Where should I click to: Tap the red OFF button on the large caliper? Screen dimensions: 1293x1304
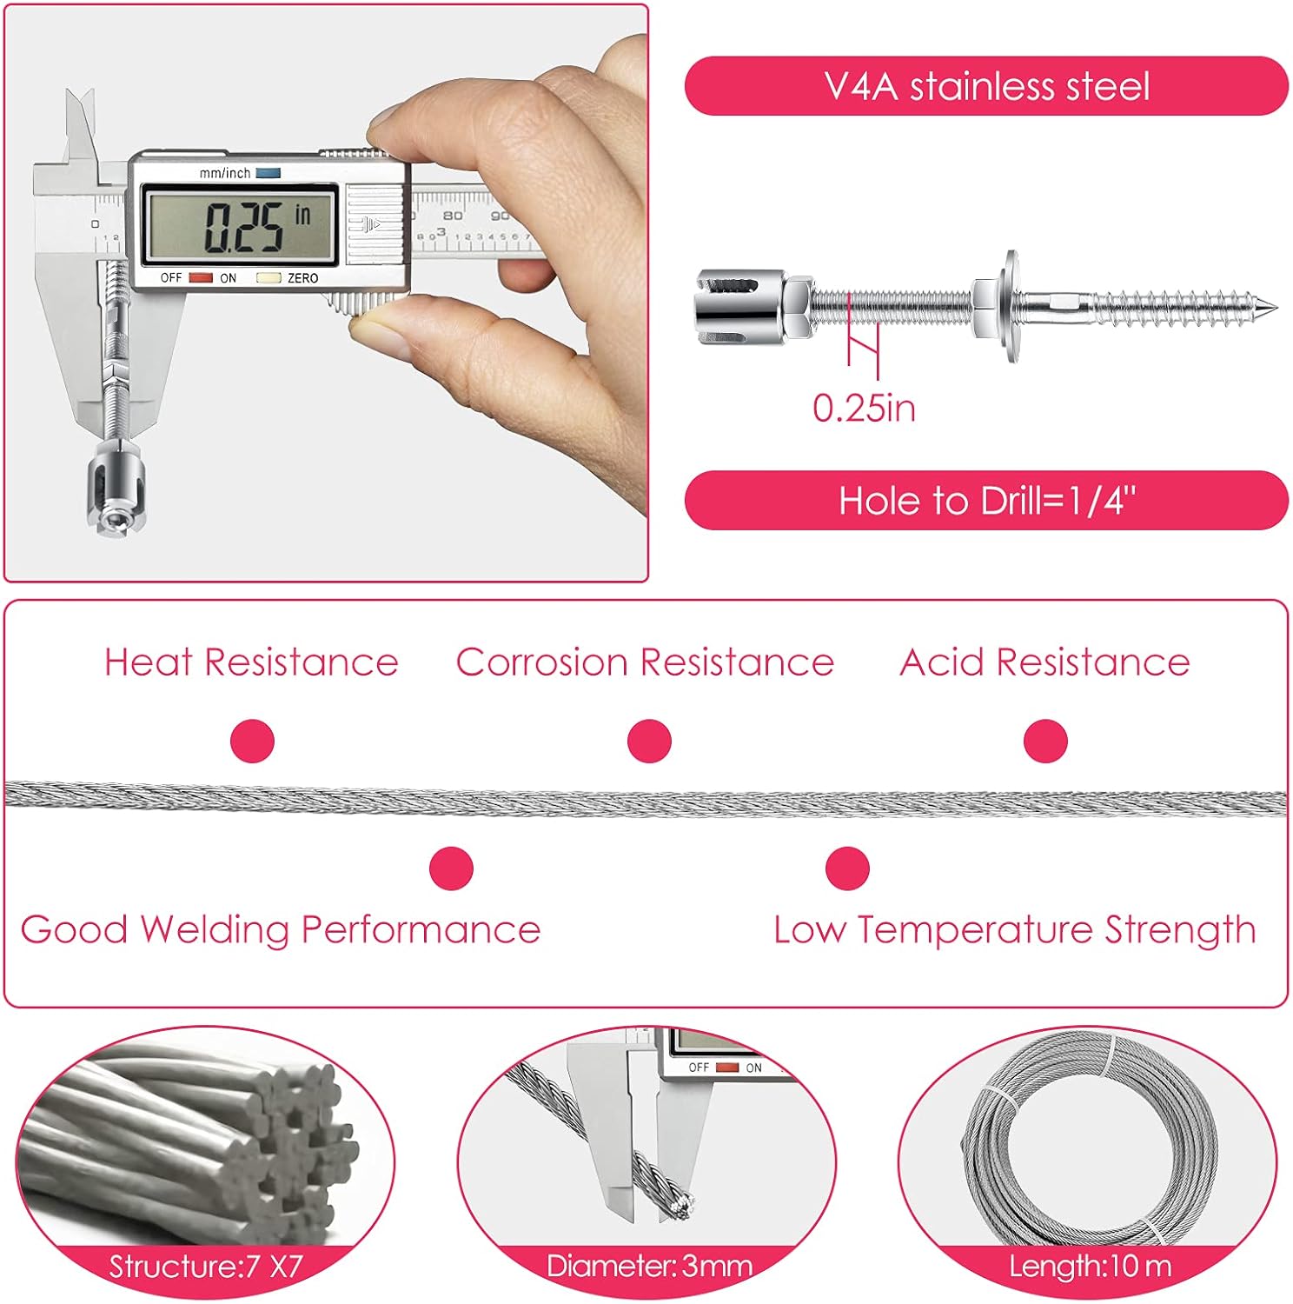[x=201, y=278]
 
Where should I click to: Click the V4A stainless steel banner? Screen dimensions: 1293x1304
[x=986, y=86]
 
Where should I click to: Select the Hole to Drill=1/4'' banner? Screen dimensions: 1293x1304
[x=986, y=501]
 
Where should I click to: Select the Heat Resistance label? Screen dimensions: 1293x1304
[x=251, y=662]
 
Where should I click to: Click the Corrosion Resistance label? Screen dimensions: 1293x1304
[x=645, y=662]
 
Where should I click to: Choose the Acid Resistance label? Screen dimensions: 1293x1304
[x=1044, y=662]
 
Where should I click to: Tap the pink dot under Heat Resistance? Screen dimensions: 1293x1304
[x=252, y=742]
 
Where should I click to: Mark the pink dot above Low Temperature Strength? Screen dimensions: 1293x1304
[x=847, y=868]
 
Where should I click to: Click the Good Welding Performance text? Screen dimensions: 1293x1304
[x=281, y=930]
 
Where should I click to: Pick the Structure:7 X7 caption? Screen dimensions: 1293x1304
[x=206, y=1267]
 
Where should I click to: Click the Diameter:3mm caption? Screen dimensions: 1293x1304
[x=649, y=1267]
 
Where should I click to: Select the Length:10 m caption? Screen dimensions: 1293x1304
[x=1091, y=1267]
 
